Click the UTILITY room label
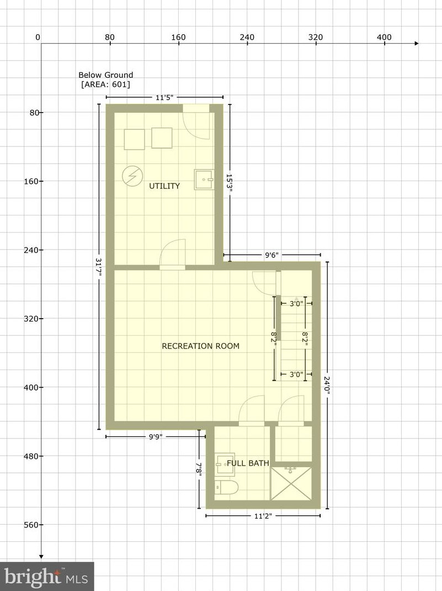pyautogui.click(x=164, y=186)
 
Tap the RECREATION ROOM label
pyautogui.click(x=201, y=346)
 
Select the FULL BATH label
pyautogui.click(x=248, y=463)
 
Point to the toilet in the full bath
pyautogui.click(x=226, y=488)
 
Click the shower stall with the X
pyautogui.click(x=291, y=484)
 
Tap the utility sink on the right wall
pyautogui.click(x=204, y=180)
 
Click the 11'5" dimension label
pyautogui.click(x=164, y=98)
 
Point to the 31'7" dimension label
pyautogui.click(x=99, y=267)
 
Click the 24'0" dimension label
pyautogui.click(x=327, y=385)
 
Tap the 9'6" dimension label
pyautogui.click(x=271, y=255)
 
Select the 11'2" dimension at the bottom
pyautogui.click(x=263, y=516)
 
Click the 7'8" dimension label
pyautogui.click(x=199, y=469)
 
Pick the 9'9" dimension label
pyautogui.click(x=155, y=437)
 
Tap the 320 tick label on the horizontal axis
pyautogui.click(x=316, y=37)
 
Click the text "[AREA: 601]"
pyautogui.click(x=106, y=84)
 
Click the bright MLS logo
pyautogui.click(x=47, y=576)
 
